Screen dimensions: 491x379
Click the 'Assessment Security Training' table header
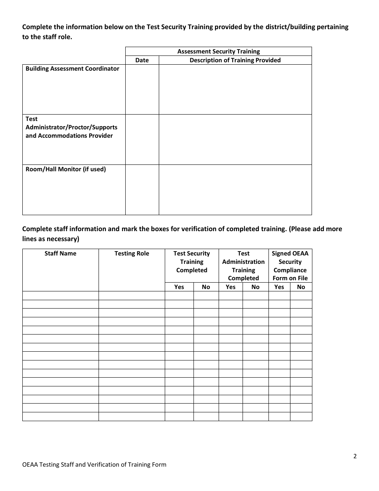[x=218, y=51]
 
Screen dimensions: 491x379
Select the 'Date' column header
[x=142, y=60]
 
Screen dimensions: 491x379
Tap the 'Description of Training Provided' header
[x=235, y=60]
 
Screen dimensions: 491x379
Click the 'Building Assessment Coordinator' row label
[x=72, y=69]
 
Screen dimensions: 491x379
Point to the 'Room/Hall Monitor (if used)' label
[x=65, y=169]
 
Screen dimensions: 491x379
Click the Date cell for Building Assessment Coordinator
[x=142, y=89]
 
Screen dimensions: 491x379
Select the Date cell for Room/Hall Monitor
[x=142, y=190]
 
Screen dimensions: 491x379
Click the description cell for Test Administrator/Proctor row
[x=235, y=140]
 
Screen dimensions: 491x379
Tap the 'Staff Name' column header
[x=60, y=253]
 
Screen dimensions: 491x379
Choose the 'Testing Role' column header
[x=132, y=253]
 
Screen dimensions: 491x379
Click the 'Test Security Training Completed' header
[x=191, y=262]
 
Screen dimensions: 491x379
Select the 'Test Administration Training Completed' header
[x=243, y=266]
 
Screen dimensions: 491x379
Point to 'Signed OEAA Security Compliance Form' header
[x=290, y=266]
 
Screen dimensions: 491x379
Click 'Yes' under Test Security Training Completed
[x=179, y=287]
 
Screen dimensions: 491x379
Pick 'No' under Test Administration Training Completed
[x=255, y=287]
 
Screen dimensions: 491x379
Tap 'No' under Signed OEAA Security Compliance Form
[x=301, y=287]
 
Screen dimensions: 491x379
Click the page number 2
[x=355, y=457]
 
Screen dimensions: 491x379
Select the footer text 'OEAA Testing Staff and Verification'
[x=94, y=465]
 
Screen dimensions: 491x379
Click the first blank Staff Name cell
[x=60, y=295]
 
